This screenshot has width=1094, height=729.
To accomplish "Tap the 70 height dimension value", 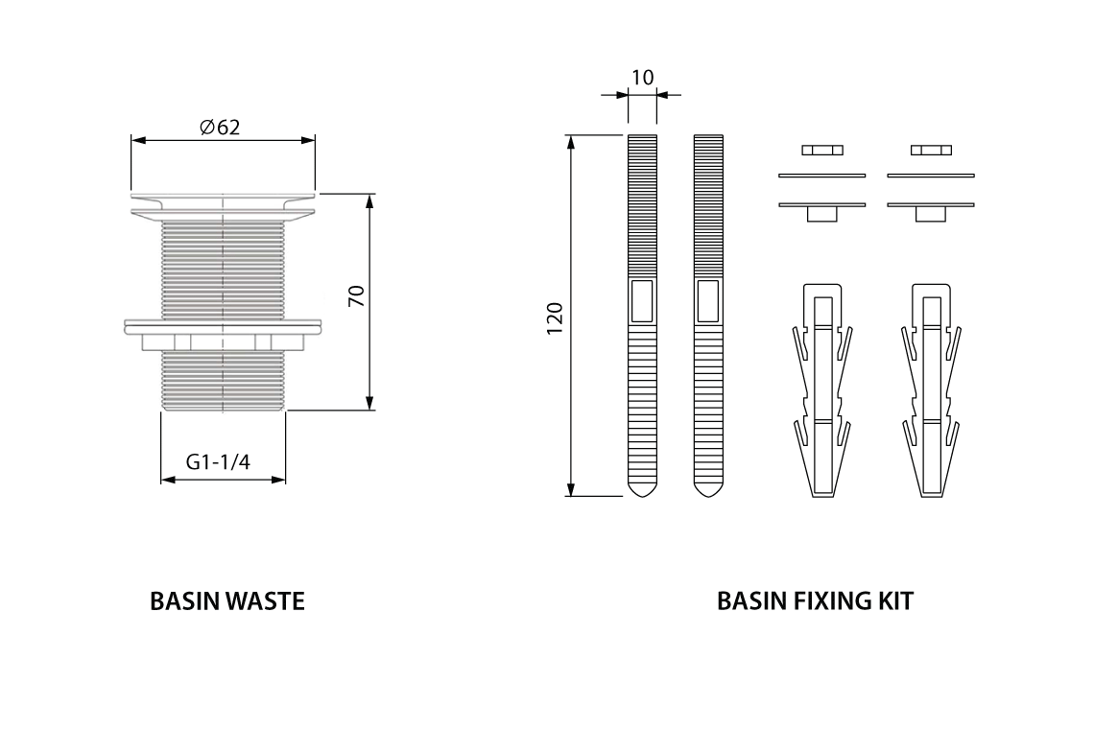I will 356,295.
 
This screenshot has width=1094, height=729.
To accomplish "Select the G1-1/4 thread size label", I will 218,462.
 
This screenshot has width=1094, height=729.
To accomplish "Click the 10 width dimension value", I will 642,77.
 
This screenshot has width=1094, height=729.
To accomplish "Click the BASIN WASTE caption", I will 227,601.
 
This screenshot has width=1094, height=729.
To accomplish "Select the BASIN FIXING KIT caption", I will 815,601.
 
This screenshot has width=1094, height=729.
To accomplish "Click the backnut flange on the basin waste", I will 223,327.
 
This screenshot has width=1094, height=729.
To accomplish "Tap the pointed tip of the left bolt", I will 642,487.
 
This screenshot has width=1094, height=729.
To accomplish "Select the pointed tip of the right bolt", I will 708,487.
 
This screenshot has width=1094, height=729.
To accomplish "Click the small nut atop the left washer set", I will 821,150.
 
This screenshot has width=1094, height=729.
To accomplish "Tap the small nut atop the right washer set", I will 930,150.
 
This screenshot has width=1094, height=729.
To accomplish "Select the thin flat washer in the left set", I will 821,176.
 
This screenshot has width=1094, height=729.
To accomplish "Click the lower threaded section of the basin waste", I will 223,379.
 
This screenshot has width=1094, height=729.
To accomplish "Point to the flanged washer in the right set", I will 930,206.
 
